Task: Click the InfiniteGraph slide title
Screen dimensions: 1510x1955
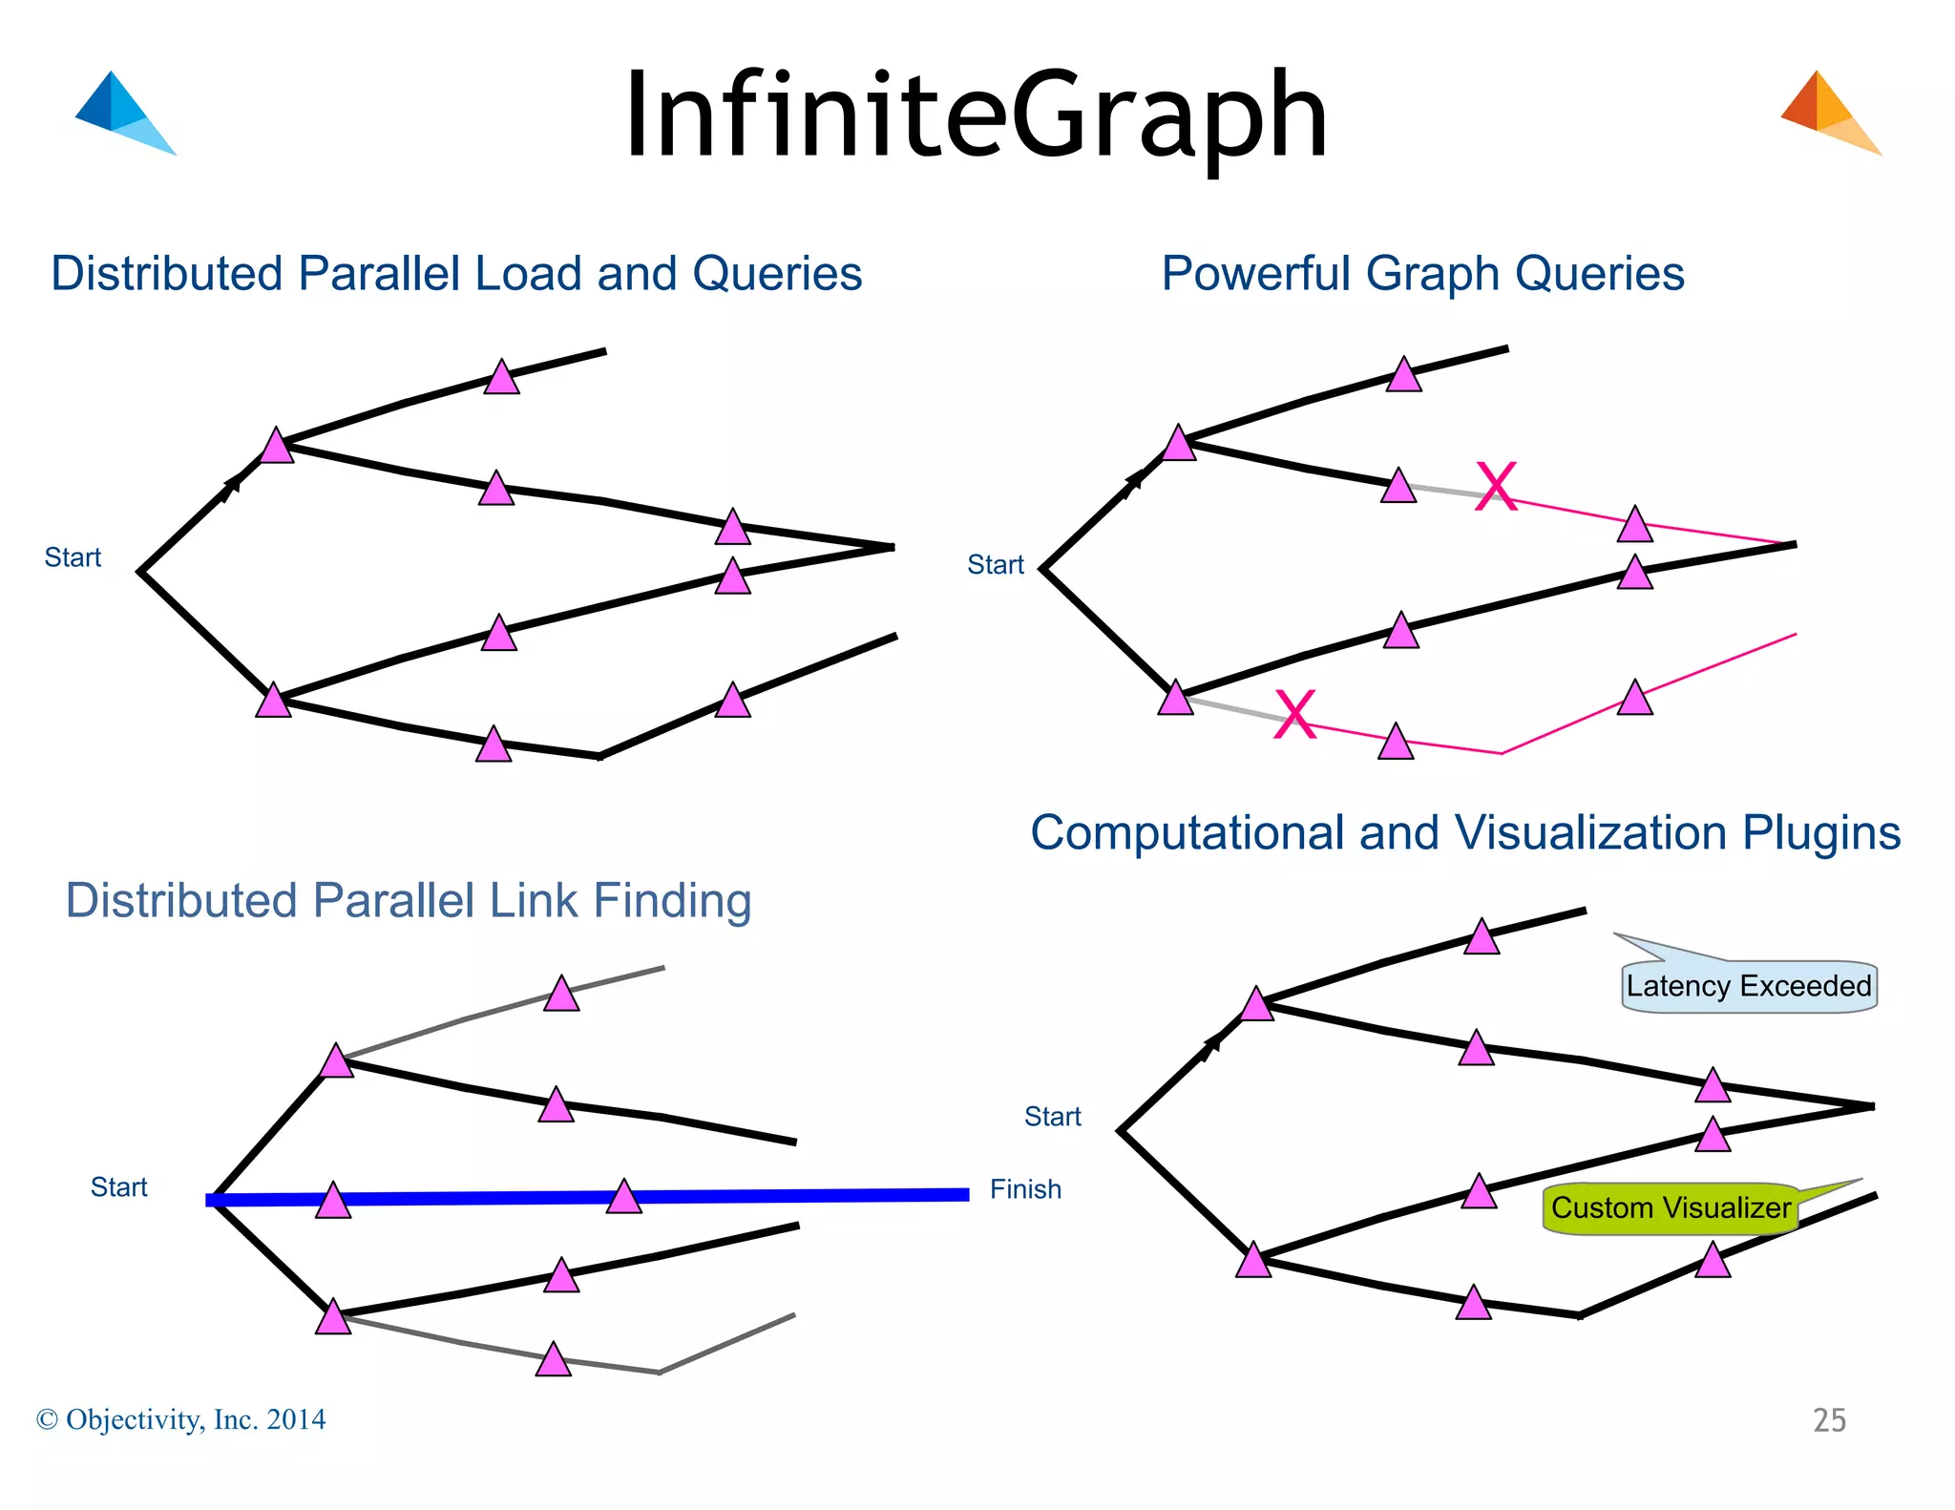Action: (976, 116)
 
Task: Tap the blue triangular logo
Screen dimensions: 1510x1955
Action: (121, 113)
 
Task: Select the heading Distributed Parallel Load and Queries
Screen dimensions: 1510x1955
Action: (456, 274)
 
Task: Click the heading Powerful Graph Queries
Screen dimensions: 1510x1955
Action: (1422, 274)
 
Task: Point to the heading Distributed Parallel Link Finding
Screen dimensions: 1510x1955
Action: (409, 900)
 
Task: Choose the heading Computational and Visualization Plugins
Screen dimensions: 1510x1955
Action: (1465, 832)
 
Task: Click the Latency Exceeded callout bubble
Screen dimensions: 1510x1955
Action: (1748, 986)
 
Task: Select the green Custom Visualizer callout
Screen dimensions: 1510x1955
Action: (1671, 1207)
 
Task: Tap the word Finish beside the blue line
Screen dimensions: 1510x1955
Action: (1025, 1189)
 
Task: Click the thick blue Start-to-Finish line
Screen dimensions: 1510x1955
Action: (764, 1196)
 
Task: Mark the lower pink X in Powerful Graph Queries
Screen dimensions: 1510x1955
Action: (1295, 714)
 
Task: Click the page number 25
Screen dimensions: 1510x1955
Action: (1829, 1420)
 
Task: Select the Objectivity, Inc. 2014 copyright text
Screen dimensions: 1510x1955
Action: (181, 1420)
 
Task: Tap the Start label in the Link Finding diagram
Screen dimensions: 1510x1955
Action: (118, 1187)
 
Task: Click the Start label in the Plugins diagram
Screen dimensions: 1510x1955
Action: (1052, 1117)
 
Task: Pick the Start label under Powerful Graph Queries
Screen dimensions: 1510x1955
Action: (995, 565)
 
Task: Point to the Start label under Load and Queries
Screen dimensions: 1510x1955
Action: (73, 557)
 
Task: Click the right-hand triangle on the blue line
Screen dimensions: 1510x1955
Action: (624, 1197)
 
